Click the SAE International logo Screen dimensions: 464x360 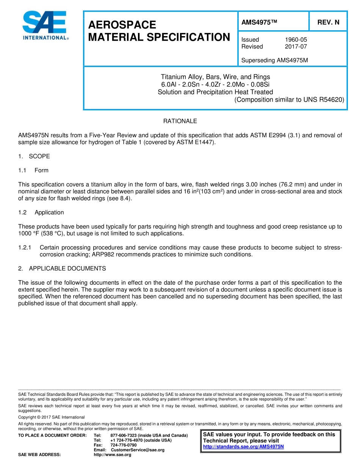(45, 25)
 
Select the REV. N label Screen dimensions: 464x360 (328, 23)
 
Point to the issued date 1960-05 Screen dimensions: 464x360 (296, 39)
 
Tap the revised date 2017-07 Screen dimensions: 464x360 (296, 47)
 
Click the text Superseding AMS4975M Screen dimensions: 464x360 (274, 60)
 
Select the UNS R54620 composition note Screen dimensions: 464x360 (289, 100)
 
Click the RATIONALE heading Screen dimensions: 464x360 (180, 121)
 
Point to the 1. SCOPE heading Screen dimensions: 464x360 (34, 156)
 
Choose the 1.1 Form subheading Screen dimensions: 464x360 (34, 170)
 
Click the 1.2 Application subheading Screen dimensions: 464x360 (41, 212)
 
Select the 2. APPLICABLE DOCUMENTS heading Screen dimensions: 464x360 (62, 268)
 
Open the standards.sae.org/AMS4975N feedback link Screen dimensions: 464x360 (243, 447)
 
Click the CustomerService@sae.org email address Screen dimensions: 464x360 (138, 450)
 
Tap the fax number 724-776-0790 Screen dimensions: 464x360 (124, 445)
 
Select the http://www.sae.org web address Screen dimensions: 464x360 (112, 455)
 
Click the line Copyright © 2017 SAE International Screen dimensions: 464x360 (52, 417)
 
